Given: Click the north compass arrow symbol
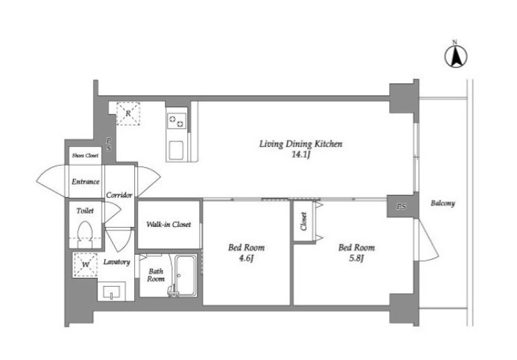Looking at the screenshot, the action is click(456, 57).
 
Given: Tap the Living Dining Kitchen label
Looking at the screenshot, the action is click(301, 144).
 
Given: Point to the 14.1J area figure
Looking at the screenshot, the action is click(301, 155).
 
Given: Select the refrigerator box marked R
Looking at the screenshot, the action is click(128, 114).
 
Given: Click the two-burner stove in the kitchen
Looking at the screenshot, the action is click(177, 120).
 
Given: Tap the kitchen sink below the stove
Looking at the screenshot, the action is click(177, 150).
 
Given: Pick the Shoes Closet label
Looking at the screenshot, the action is click(85, 155).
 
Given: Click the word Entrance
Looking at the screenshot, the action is click(86, 182).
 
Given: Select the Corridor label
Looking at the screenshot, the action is click(119, 196).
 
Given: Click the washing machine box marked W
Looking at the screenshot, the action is click(86, 265).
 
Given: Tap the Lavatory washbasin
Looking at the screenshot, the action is click(111, 291).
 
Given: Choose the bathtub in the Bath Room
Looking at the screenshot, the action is click(185, 276).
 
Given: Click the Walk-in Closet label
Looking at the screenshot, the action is click(168, 224).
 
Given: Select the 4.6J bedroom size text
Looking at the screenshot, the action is click(246, 258).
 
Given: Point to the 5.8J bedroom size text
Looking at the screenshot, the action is click(356, 258).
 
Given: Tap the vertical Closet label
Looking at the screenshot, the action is click(303, 221).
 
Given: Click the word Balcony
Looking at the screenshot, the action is click(443, 203).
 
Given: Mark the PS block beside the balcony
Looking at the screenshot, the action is click(401, 207).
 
